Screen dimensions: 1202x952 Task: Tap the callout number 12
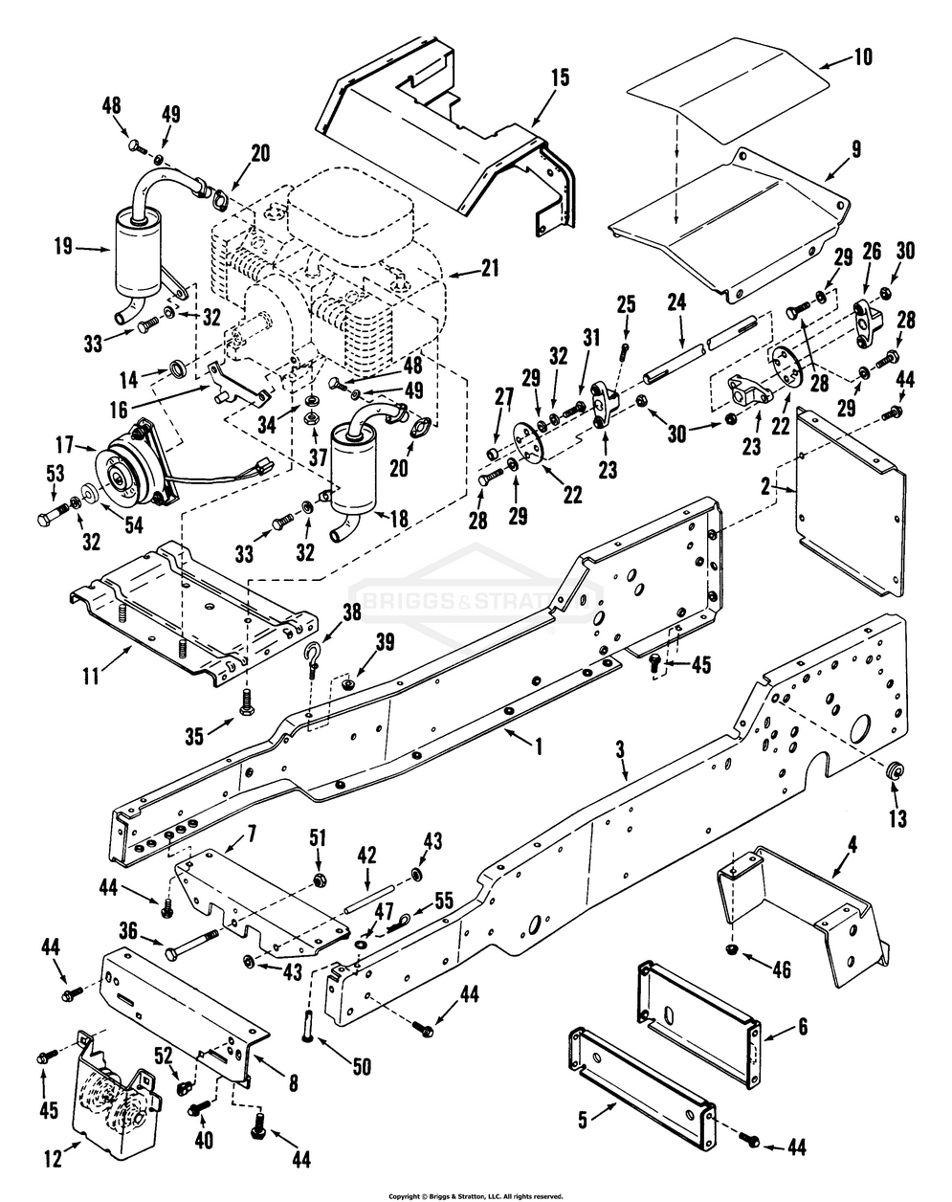[x=53, y=1159]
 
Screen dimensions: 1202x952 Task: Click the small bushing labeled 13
[x=895, y=769]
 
